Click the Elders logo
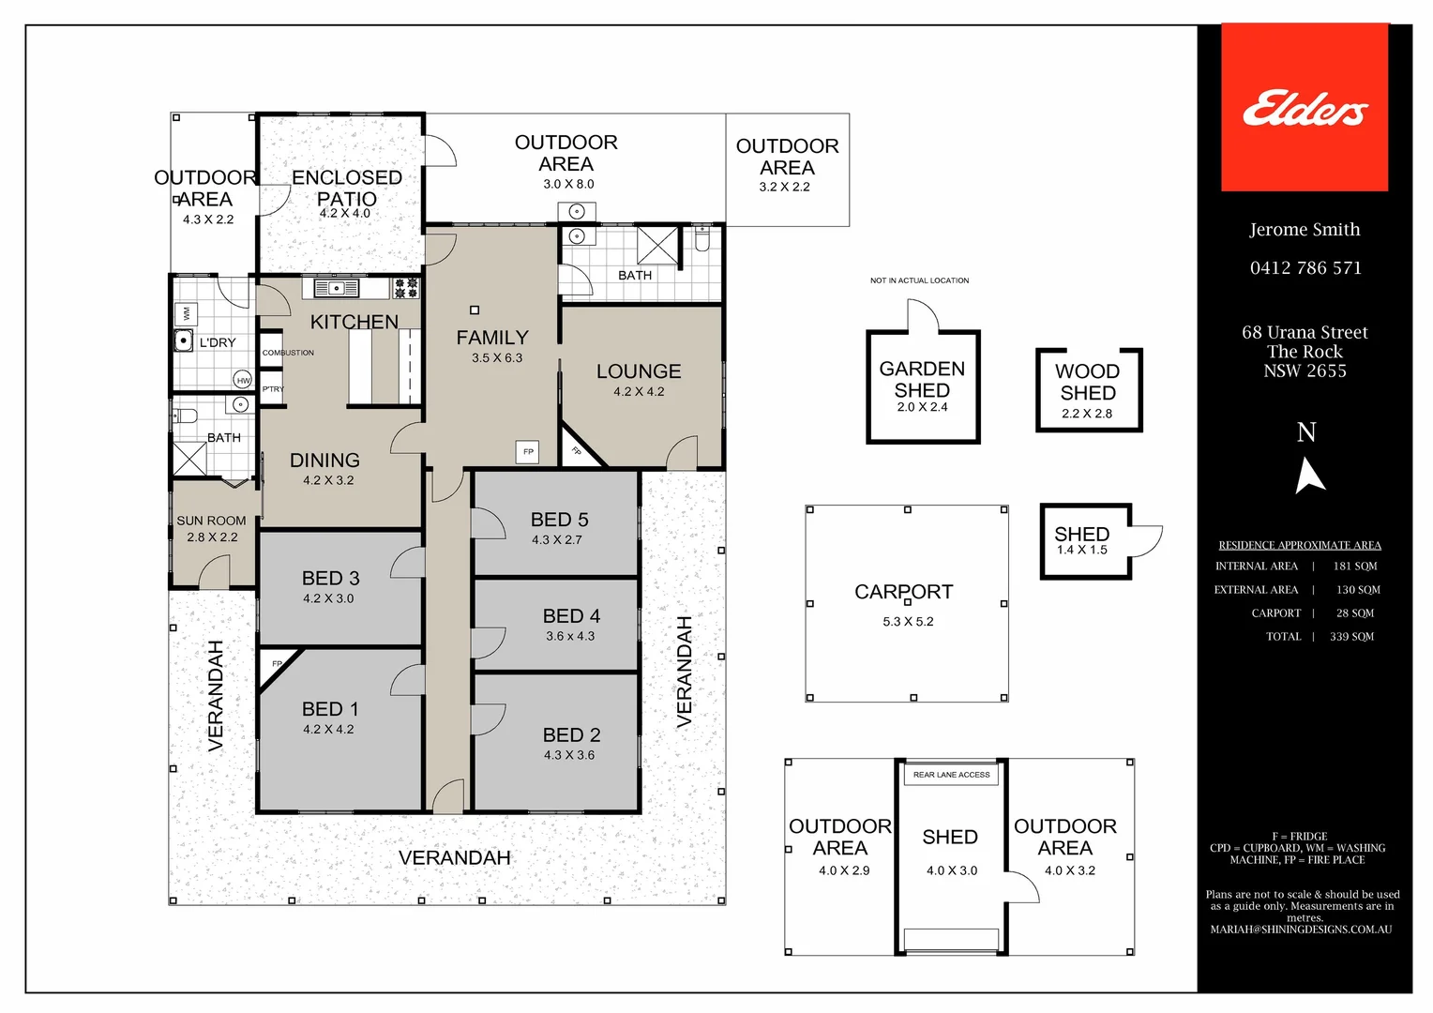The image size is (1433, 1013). click(1305, 108)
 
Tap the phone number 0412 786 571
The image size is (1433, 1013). click(1305, 268)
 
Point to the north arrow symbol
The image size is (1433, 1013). click(1308, 475)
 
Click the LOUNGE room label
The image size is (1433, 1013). click(639, 371)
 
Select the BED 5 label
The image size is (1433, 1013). click(559, 520)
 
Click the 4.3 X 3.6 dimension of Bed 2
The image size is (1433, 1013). click(569, 755)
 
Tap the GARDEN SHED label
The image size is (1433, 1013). click(922, 379)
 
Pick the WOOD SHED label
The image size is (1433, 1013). click(1088, 382)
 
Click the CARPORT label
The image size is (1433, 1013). click(903, 592)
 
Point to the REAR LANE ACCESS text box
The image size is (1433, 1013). click(951, 775)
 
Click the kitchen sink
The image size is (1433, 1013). click(336, 288)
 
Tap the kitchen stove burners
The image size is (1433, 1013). click(405, 288)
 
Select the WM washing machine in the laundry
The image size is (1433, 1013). click(185, 312)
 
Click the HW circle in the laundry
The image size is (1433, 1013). click(243, 380)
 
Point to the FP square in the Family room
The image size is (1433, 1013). click(528, 452)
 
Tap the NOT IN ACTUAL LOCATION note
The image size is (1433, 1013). click(919, 280)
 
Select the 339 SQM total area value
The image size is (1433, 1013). click(1351, 637)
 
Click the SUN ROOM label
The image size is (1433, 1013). click(211, 521)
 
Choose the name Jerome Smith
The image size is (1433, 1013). click(1305, 230)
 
